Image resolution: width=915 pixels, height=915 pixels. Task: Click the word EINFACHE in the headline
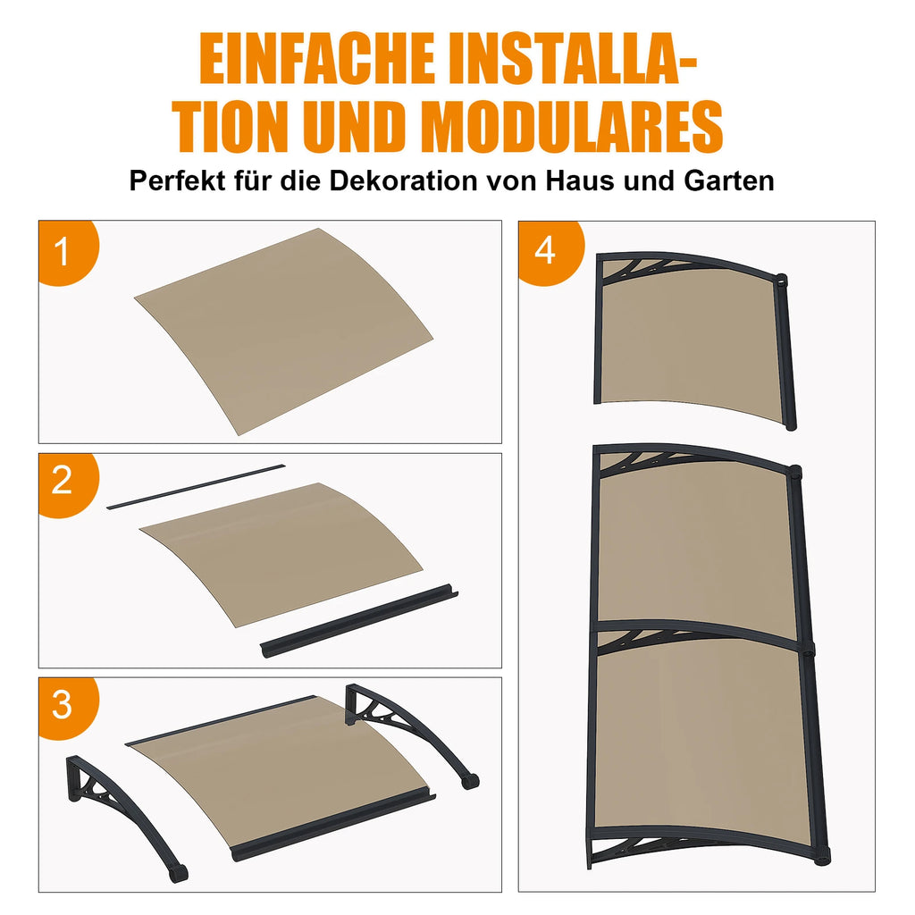[317, 58]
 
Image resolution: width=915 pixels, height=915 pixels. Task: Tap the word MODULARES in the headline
[576, 127]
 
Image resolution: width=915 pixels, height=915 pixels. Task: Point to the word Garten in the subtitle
[729, 180]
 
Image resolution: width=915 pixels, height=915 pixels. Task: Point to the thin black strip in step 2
[196, 487]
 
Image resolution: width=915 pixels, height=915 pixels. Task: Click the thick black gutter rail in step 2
[358, 622]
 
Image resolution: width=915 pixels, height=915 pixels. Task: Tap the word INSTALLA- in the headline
[573, 58]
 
